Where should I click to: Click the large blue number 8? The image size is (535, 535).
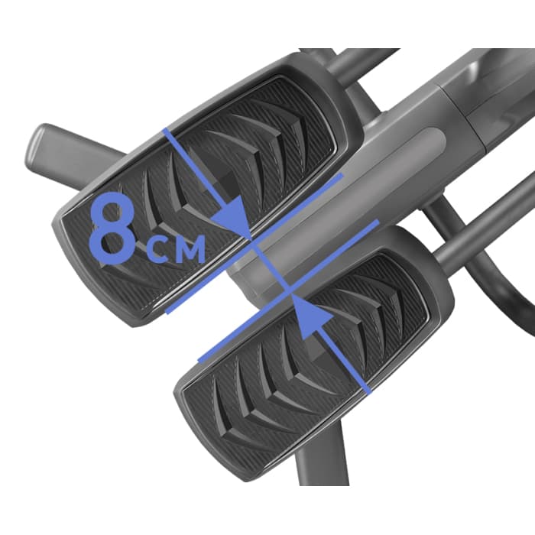(x=112, y=229)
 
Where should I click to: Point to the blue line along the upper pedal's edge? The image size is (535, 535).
(x=255, y=243)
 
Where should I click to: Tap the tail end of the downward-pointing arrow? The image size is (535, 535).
(x=165, y=129)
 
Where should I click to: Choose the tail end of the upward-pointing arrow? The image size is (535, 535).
(x=368, y=391)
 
